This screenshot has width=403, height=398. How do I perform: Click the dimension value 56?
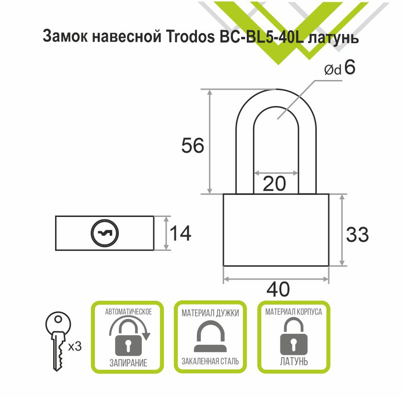pyautogui.click(x=193, y=146)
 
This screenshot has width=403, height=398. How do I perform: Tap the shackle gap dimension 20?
pyautogui.click(x=275, y=183)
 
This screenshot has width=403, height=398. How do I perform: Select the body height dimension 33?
pyautogui.click(x=357, y=235)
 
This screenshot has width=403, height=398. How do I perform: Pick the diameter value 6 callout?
pyautogui.click(x=349, y=68)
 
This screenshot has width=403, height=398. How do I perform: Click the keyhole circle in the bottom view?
pyautogui.click(x=105, y=233)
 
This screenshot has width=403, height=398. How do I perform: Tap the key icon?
pyautogui.click(x=58, y=340)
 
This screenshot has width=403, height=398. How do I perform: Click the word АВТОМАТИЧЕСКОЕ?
pyautogui.click(x=128, y=312)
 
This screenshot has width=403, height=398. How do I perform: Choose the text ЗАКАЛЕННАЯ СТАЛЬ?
pyautogui.click(x=210, y=362)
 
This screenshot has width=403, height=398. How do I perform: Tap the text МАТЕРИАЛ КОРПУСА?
pyautogui.click(x=294, y=312)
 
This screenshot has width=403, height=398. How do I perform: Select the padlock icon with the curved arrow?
pyautogui.click(x=128, y=337)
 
